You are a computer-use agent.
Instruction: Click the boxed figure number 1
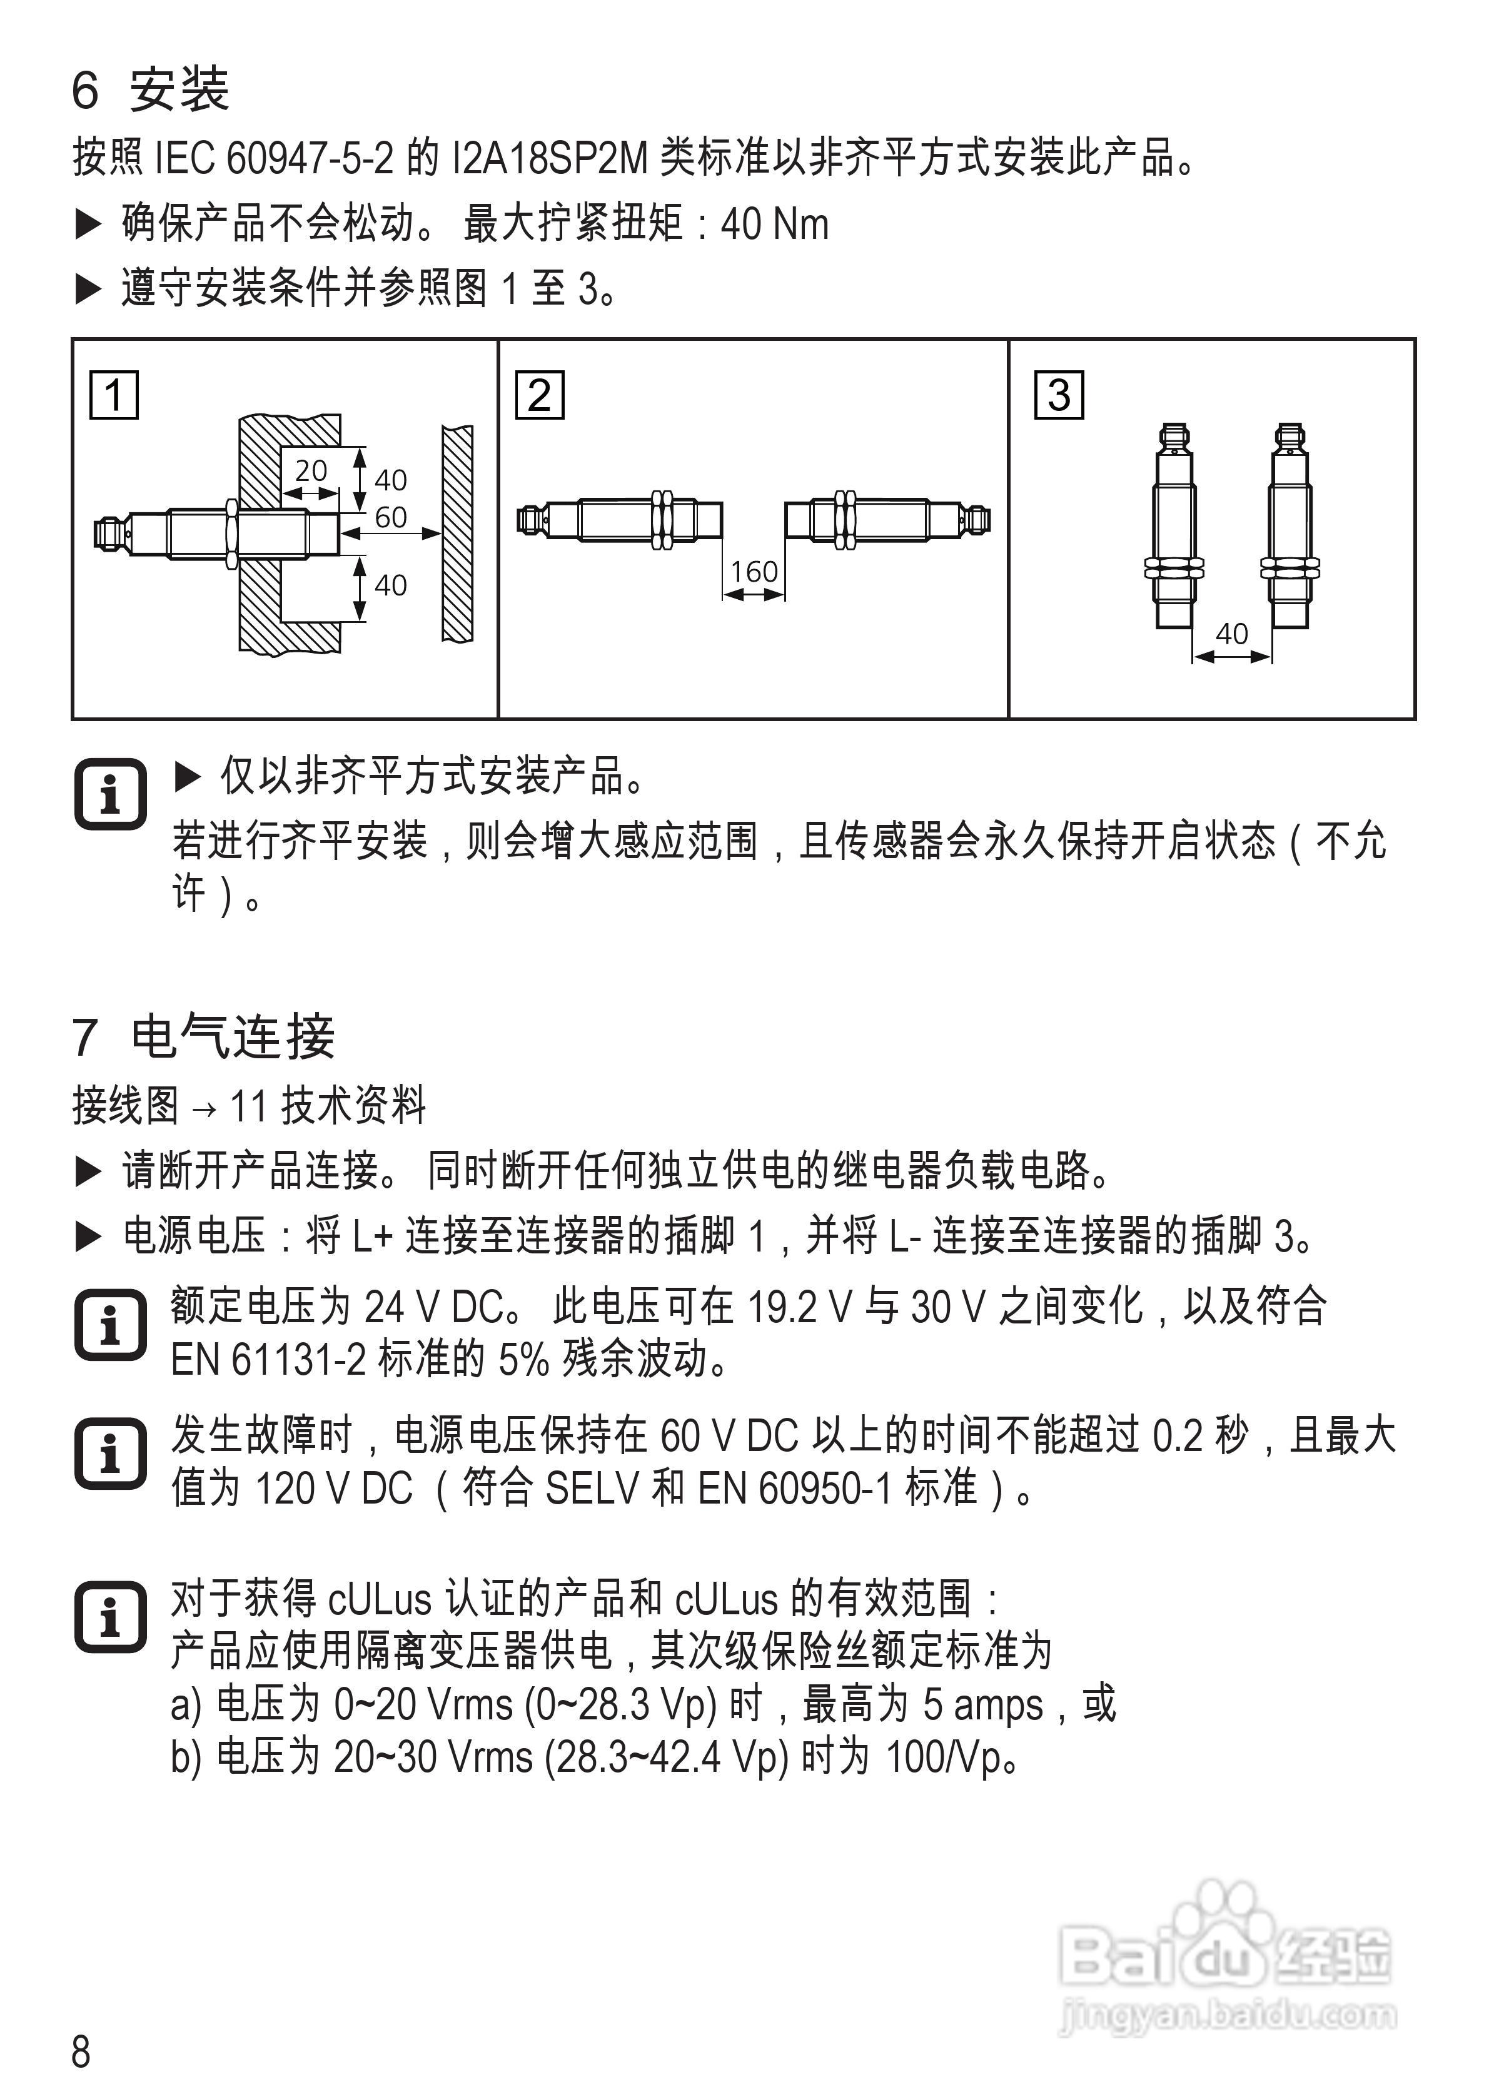tap(114, 395)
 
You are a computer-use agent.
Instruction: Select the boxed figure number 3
tap(1058, 395)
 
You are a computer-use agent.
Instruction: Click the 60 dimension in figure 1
tap(391, 518)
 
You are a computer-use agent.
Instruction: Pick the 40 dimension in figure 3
tap(1231, 634)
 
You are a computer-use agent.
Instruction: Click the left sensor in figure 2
tap(620, 520)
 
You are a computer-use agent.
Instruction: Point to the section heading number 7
tap(84, 1037)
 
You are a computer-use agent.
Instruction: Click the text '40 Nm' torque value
tap(775, 225)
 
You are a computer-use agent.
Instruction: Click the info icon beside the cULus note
tap(110, 1617)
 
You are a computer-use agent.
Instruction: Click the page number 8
tap(81, 2051)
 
